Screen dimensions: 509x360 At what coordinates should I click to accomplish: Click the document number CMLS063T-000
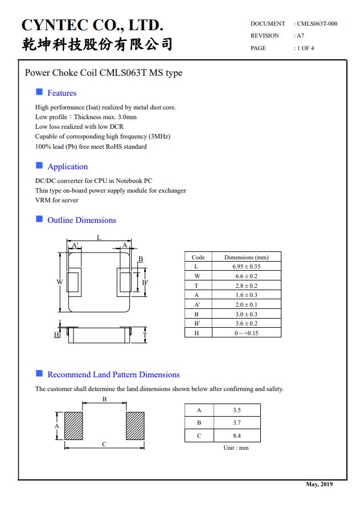tap(317, 24)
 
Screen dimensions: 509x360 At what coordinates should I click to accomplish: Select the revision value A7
tap(300, 36)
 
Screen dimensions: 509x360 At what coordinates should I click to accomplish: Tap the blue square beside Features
tap(39, 92)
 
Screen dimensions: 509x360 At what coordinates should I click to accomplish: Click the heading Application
tap(67, 166)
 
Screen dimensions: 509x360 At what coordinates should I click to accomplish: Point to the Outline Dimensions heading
tap(81, 220)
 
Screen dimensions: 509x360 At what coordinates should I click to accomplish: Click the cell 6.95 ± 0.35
tap(246, 267)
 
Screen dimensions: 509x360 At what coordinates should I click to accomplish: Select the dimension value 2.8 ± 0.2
tap(246, 286)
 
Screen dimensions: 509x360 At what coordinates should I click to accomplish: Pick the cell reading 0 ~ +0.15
tap(246, 333)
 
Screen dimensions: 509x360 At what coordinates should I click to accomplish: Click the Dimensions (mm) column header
tap(246, 257)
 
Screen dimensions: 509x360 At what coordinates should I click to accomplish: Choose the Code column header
tap(198, 257)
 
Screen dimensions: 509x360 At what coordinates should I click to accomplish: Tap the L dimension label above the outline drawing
tap(99, 238)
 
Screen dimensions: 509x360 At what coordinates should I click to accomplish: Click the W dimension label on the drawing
tap(59, 282)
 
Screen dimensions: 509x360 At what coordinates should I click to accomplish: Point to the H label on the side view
tap(56, 335)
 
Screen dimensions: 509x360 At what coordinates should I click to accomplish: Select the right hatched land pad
tap(135, 425)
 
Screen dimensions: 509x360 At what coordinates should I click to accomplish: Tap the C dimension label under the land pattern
tap(104, 444)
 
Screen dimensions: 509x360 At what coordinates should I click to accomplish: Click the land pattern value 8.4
tap(237, 435)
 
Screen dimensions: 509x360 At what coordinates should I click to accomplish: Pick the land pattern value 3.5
tap(237, 410)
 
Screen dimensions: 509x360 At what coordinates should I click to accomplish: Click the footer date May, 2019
tap(319, 484)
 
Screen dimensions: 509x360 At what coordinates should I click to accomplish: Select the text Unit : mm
tap(236, 448)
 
